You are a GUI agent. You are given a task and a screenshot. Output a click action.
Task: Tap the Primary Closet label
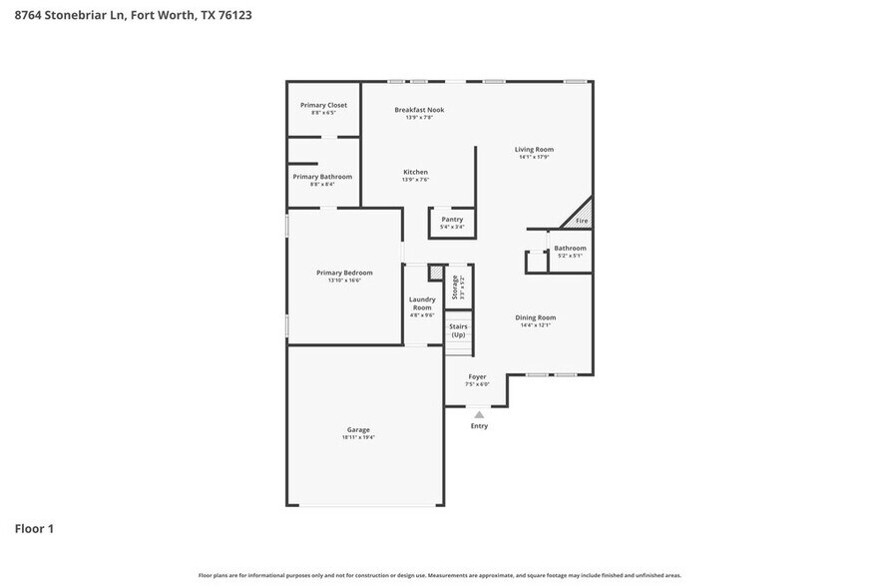323,105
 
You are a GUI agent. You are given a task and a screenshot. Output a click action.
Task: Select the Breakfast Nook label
419,110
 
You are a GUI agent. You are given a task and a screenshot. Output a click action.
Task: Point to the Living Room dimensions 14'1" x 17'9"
534,157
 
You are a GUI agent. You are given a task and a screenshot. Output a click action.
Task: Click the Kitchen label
415,172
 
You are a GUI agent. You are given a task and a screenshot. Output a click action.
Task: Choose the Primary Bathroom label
321,177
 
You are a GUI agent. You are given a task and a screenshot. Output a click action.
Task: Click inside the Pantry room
452,222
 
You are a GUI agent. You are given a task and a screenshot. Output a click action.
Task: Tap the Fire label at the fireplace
582,221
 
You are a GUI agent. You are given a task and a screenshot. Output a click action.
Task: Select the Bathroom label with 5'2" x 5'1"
570,248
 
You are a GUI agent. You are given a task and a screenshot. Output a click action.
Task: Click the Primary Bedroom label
344,273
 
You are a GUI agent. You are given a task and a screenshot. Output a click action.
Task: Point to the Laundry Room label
422,303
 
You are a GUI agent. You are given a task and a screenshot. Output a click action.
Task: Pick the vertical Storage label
455,287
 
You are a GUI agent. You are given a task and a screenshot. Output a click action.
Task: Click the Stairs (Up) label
458,330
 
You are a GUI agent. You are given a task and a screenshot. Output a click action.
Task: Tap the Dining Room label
535,317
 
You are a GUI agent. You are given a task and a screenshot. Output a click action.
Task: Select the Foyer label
477,376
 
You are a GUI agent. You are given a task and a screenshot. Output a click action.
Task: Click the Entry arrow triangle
479,413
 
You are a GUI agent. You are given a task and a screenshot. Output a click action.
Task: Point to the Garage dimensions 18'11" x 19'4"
358,437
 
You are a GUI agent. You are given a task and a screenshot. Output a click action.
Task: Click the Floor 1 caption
34,528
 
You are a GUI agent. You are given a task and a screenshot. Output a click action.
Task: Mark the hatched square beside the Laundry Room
435,273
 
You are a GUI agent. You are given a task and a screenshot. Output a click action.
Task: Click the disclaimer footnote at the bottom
439,575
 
